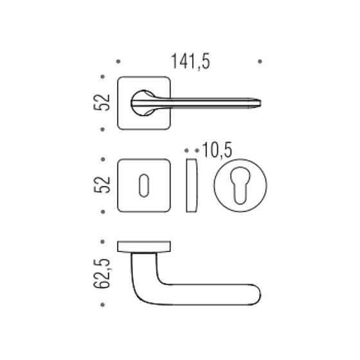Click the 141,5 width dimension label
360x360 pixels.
pyautogui.click(x=190, y=61)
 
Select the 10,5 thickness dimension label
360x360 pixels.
pyautogui.click(x=217, y=150)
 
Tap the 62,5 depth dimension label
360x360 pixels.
pyautogui.click(x=102, y=273)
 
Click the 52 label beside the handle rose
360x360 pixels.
pyautogui.click(x=102, y=103)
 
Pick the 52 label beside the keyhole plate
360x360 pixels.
pyautogui.click(x=102, y=185)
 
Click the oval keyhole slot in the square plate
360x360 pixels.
pyautogui.click(x=144, y=186)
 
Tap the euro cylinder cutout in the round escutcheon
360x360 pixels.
pyautogui.click(x=240, y=186)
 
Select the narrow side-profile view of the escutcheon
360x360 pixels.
pyautogui.click(x=192, y=185)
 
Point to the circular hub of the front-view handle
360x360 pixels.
pyautogui.click(x=143, y=103)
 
